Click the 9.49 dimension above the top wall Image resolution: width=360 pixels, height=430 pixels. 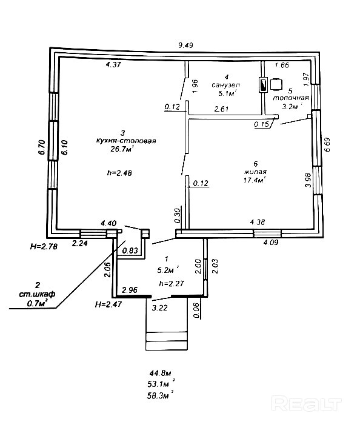point(185,45)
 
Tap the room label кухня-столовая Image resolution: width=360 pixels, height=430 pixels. point(126,141)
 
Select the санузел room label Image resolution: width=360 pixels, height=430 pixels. point(225,85)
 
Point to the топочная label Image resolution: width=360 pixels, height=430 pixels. point(291,98)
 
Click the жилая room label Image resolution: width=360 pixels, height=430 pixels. point(255,172)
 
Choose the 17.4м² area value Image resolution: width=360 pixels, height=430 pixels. point(255,180)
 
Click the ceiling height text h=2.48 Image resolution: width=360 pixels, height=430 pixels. point(119,173)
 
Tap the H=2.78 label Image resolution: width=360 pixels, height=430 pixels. point(44,246)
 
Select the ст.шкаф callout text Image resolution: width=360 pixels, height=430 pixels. point(37,294)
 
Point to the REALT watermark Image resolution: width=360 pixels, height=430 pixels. point(307,403)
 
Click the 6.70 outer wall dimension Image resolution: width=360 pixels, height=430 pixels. point(42,147)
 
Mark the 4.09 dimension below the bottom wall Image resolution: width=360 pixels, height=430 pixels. point(271,243)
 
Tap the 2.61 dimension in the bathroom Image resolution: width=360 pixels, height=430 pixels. point(222,109)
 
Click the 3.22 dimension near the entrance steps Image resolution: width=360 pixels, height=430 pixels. point(160,308)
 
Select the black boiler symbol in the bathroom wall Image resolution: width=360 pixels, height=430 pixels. point(263,86)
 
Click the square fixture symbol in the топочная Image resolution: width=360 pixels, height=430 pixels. point(276,84)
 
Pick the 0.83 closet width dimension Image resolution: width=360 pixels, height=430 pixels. point(130,250)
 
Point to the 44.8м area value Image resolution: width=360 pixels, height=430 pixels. point(160,373)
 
